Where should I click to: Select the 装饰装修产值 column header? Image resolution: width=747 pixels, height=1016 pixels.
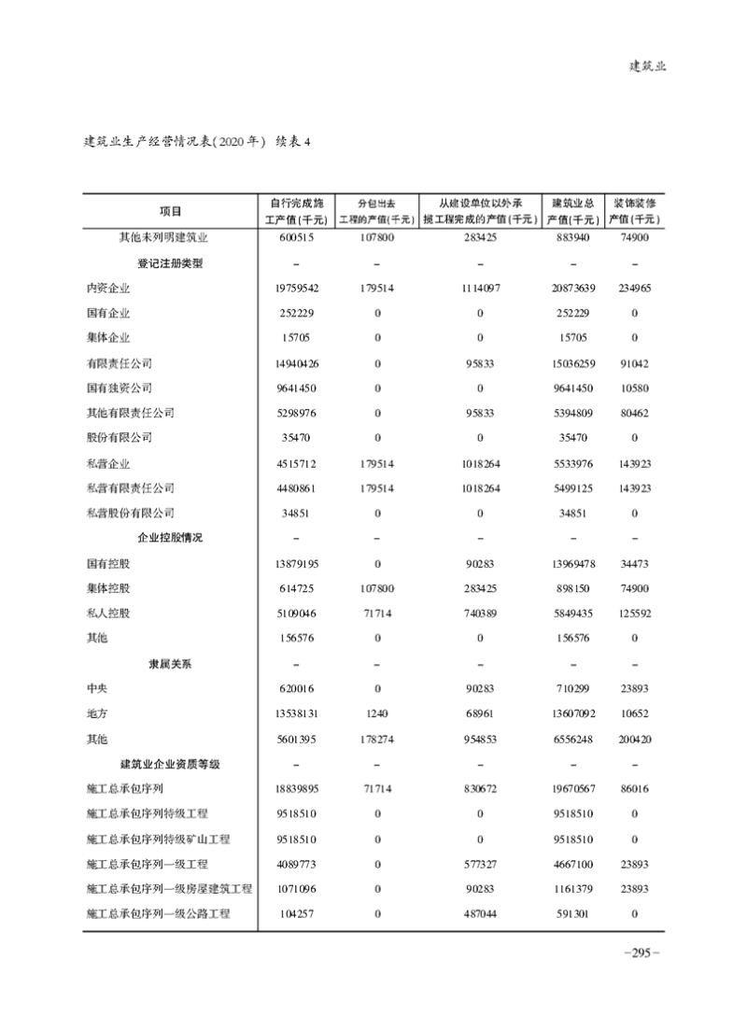point(634,211)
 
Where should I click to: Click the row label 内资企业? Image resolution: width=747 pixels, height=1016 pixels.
point(108,289)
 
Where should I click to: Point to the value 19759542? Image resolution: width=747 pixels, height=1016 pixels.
point(297,289)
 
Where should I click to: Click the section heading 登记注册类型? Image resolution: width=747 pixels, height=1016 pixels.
point(169,263)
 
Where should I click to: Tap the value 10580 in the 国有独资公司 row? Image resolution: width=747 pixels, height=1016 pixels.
point(634,388)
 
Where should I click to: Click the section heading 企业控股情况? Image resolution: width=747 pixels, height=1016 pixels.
point(169,538)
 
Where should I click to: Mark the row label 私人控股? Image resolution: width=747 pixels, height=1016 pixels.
point(108,613)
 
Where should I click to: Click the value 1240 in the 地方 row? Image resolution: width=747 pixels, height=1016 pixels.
point(377,713)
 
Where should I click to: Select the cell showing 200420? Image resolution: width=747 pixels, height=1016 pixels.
point(634,739)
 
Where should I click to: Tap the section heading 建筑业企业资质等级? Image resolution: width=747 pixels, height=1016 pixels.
point(169,764)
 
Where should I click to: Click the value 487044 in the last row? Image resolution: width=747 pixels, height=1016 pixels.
point(480,914)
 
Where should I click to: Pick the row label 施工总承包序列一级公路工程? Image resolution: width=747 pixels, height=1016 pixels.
point(157,914)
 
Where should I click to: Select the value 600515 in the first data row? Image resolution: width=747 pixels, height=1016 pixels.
point(297,239)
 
